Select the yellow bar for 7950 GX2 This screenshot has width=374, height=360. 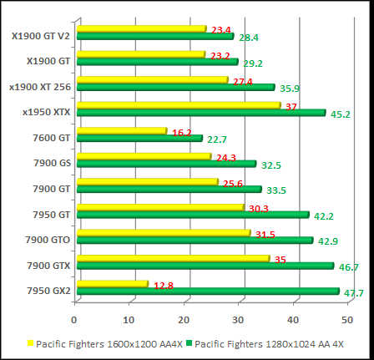point(112,285)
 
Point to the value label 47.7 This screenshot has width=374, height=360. point(354,294)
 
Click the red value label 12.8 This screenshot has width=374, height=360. point(164,286)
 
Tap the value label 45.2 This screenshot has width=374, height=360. point(340,115)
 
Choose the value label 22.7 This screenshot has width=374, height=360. point(217,139)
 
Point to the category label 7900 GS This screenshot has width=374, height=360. point(53,164)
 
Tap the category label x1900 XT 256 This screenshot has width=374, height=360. point(40,86)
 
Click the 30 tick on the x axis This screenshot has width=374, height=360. point(239,319)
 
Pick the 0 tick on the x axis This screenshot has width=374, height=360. point(74,319)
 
